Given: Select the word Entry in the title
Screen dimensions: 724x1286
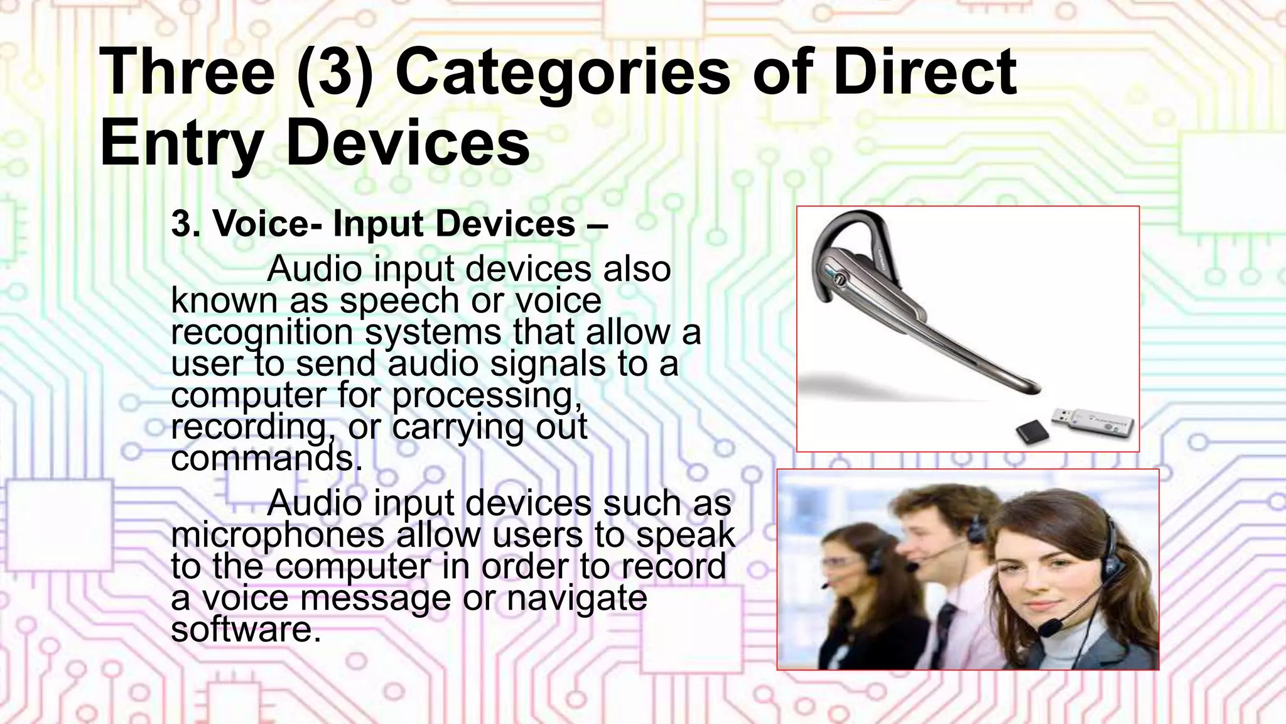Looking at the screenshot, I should point(181,145).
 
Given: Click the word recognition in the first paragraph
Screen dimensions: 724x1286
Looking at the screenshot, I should point(262,332).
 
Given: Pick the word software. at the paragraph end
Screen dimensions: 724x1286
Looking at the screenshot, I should point(246,630).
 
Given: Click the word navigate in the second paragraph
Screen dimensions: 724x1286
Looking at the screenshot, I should point(576,598).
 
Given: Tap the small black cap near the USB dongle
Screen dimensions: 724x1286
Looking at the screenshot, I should point(1032,432).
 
